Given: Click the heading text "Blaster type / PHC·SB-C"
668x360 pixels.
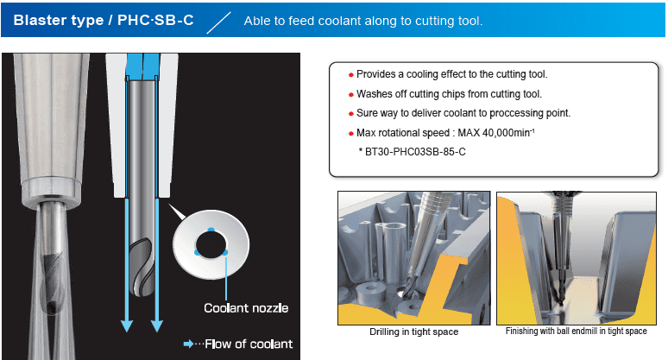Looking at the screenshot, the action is (x=104, y=20).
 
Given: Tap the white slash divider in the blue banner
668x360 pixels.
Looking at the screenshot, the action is (x=218, y=22).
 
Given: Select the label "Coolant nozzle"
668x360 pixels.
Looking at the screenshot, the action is (x=246, y=308).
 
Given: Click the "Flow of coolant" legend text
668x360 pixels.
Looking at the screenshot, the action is (x=249, y=344).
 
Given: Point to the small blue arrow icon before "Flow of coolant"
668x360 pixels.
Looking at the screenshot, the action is (x=188, y=344).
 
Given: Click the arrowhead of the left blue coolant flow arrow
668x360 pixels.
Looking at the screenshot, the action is (x=127, y=326).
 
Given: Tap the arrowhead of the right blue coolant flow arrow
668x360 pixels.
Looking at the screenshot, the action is (x=157, y=326).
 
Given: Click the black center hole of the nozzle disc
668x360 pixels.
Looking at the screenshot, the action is (x=211, y=245).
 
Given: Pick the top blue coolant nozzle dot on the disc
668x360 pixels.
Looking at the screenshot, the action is (x=211, y=230).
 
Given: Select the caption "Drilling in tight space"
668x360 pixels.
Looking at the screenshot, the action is (x=413, y=332).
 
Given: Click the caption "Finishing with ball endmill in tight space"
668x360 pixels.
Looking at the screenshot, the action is (x=576, y=331).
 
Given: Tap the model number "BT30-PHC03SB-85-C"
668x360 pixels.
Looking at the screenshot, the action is (x=415, y=152).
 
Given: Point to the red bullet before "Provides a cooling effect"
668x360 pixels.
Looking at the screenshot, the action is (x=351, y=75).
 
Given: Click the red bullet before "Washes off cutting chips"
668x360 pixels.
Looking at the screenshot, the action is (x=351, y=95).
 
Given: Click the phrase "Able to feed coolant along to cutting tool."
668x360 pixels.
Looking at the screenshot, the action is (x=363, y=21).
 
